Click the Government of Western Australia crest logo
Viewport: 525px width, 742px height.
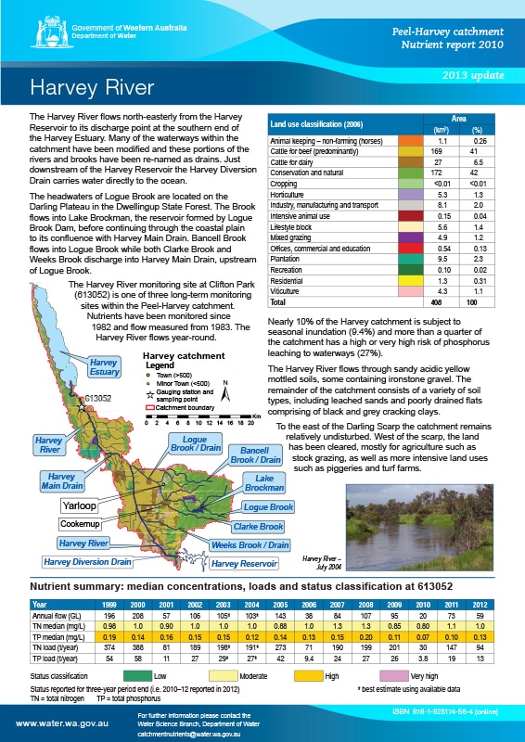[x=41, y=31]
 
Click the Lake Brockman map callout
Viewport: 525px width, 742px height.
[x=264, y=482]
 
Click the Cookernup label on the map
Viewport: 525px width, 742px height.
[x=81, y=525]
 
